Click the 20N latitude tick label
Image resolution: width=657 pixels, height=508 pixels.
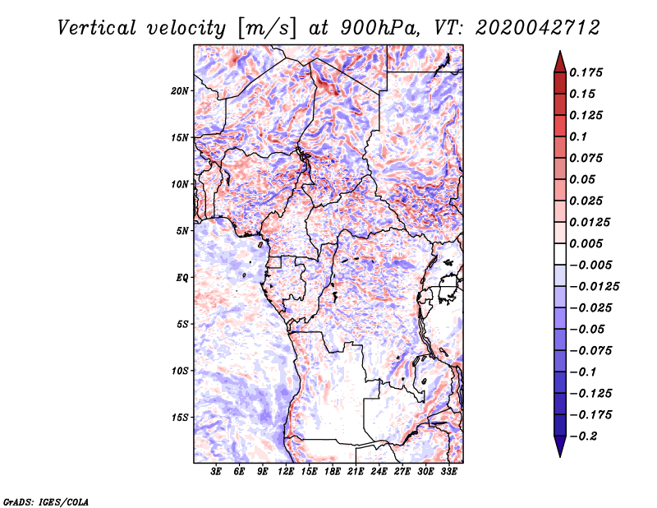click(x=180, y=91)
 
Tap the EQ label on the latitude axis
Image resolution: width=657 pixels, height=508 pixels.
click(x=181, y=278)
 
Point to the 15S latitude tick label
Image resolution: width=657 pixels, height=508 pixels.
click(x=180, y=418)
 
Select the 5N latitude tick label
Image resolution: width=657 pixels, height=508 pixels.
click(x=182, y=231)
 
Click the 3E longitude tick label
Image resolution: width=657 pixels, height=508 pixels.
click(x=216, y=472)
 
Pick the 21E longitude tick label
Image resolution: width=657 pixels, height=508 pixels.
click(x=356, y=472)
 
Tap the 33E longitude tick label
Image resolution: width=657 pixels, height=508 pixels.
click(x=448, y=472)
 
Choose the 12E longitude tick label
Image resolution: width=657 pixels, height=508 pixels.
click(x=286, y=472)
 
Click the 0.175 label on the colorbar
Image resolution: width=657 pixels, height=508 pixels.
click(x=586, y=72)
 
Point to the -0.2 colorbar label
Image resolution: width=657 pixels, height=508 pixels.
click(x=583, y=436)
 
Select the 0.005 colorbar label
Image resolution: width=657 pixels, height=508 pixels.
click(x=586, y=243)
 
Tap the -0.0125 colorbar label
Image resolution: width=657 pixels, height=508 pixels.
click(x=594, y=287)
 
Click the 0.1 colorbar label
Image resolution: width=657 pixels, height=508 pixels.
click(x=578, y=136)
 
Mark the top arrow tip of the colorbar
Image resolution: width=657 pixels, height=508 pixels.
click(x=560, y=51)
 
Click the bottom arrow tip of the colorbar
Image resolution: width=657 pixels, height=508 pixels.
click(x=560, y=456)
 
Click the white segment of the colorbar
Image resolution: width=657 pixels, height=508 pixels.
click(x=560, y=254)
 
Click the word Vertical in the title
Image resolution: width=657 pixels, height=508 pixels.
click(x=97, y=28)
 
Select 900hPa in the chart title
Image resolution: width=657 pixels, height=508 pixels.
click(x=379, y=28)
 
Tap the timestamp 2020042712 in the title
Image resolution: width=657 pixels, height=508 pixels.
click(x=538, y=28)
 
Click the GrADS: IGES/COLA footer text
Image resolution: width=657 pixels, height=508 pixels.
click(x=46, y=502)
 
